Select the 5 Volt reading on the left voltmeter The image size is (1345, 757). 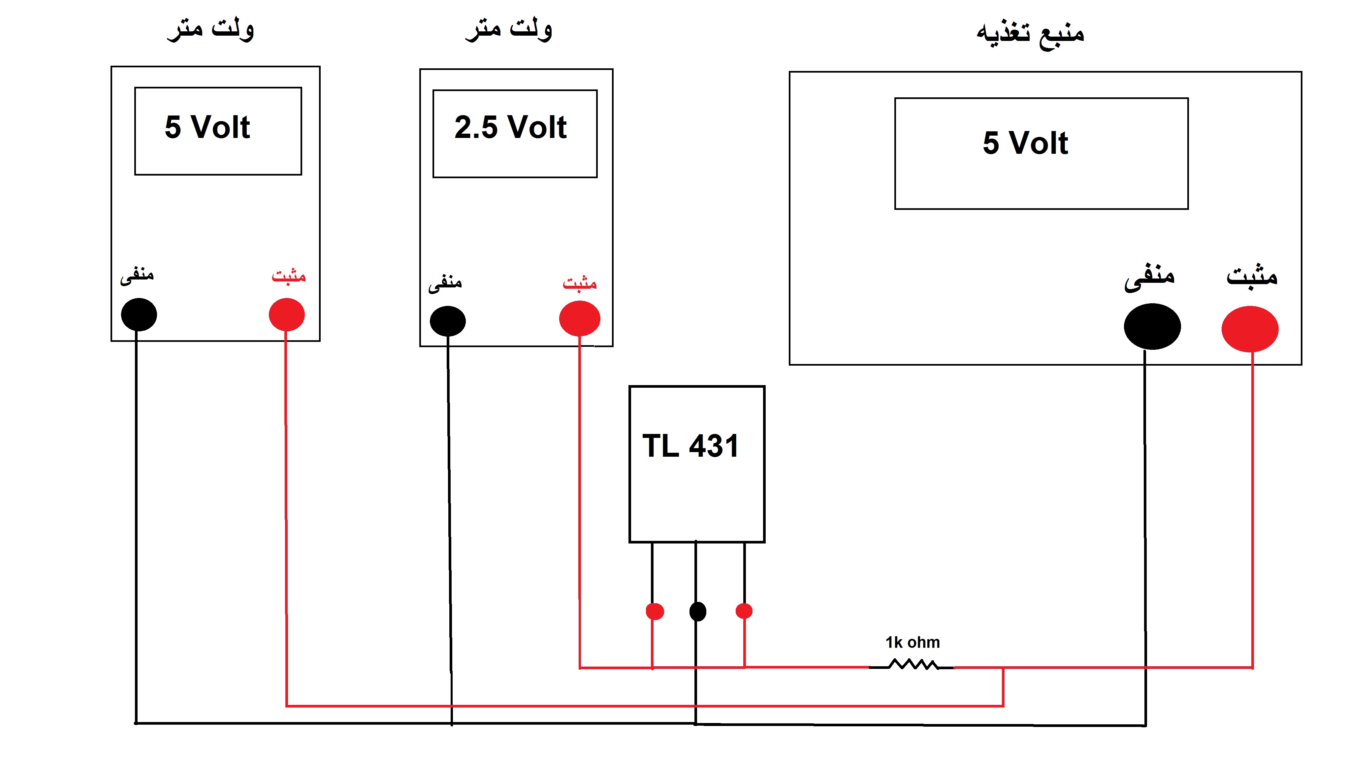[207, 127]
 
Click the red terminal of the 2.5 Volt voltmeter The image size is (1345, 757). [580, 319]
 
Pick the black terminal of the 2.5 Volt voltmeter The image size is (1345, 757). [447, 321]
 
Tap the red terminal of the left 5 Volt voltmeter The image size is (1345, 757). [287, 314]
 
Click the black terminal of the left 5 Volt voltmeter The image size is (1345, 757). [139, 314]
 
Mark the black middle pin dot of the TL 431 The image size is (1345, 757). [697, 611]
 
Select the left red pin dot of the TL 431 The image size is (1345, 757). [655, 611]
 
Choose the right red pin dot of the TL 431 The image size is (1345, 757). [744, 611]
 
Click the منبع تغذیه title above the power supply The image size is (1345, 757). [1030, 33]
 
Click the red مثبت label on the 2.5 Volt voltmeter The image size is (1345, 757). [580, 282]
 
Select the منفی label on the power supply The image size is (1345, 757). [1149, 277]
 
